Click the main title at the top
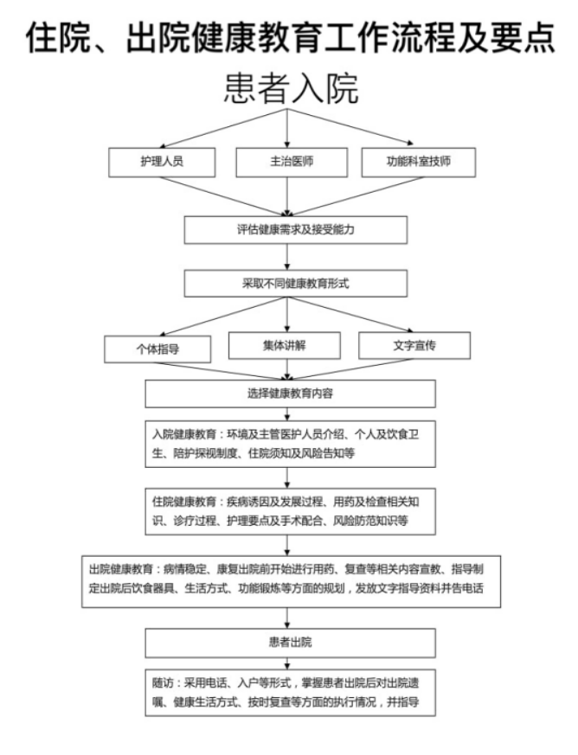point(291,37)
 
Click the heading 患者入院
point(292,88)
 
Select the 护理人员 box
point(162,163)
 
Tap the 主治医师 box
point(292,163)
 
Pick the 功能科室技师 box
point(419,163)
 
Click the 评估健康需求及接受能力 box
point(295,230)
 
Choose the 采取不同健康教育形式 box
point(295,283)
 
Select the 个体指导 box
point(157,349)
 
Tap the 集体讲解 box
point(284,345)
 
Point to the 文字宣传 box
point(414,345)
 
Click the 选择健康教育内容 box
point(291,393)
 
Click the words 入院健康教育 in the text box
point(184,434)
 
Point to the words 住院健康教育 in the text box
point(184,502)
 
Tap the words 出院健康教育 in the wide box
point(121,569)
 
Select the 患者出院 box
point(291,643)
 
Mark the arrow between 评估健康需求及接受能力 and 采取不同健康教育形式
point(287,257)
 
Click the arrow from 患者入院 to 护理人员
point(223,128)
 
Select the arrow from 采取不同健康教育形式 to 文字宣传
point(350,315)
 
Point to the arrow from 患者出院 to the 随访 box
point(287,663)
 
